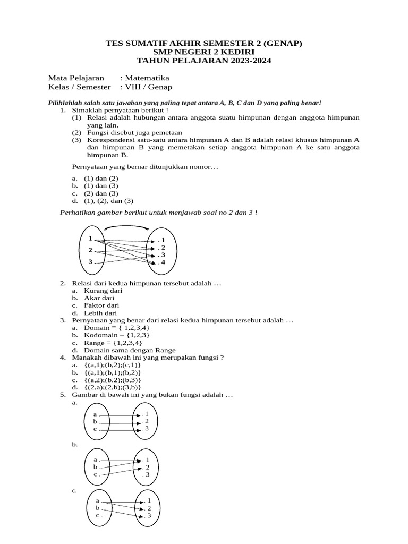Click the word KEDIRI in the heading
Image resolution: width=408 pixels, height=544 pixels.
tap(237, 52)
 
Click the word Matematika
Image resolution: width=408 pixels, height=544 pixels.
tap(147, 78)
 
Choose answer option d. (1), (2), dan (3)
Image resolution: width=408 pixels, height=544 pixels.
tap(108, 201)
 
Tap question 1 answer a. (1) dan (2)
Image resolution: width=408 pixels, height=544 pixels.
tap(101, 178)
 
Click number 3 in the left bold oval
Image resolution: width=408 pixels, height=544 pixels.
tap(90, 261)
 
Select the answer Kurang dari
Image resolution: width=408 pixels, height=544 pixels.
tap(103, 291)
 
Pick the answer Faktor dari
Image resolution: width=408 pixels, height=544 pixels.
tap(101, 305)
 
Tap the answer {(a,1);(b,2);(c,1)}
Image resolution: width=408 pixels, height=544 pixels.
tap(112, 365)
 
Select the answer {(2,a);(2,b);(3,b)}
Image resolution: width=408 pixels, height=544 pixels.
tap(112, 388)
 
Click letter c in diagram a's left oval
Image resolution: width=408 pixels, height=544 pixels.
tap(95, 429)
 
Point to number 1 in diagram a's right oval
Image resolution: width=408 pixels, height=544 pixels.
tap(147, 413)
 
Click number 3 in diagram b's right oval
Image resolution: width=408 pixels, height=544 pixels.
tap(148, 474)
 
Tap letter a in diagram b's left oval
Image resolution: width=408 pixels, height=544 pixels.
tap(96, 460)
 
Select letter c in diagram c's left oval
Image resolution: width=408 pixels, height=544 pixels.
tap(98, 515)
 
